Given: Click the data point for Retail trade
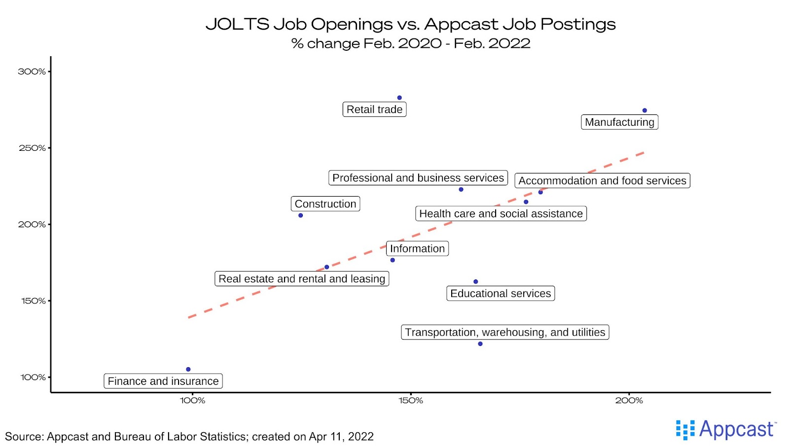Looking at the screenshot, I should [399, 98].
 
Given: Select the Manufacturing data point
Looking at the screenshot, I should [645, 110].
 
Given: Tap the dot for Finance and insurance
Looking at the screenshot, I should [188, 369].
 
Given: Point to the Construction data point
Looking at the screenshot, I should [301, 215].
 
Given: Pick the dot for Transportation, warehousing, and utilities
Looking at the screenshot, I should [480, 344].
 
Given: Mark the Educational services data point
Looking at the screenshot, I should [476, 282].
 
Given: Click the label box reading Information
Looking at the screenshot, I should [417, 248].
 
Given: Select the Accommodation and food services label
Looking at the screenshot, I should [602, 181].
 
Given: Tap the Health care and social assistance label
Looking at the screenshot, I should [501, 213].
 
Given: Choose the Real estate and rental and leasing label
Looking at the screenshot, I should [302, 279].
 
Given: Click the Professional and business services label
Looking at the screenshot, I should [418, 178].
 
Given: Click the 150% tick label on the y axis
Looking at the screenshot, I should [33, 301].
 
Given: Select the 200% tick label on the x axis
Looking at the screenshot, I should [629, 401].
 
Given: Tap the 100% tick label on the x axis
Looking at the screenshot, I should [193, 401].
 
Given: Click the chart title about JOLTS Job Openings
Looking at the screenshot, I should [410, 24].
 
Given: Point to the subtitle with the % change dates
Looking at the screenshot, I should [410, 43].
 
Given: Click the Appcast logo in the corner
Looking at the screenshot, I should [726, 430].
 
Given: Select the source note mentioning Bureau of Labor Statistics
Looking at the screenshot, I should [189, 437].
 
